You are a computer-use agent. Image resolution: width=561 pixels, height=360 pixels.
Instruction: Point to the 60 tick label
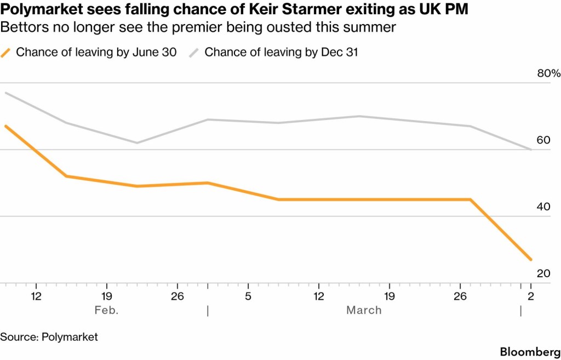coord(543,140)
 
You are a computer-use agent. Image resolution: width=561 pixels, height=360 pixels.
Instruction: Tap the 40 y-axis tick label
coord(543,207)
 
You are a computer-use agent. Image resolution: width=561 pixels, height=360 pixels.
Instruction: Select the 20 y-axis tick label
coord(543,273)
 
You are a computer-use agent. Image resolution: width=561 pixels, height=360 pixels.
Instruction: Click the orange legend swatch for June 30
coord(7,53)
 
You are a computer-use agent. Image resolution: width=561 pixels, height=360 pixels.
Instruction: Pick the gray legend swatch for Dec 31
coord(194,53)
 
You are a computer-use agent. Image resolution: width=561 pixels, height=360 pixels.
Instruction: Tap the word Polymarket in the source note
coord(70,337)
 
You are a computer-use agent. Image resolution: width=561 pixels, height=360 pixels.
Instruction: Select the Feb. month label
coord(106,310)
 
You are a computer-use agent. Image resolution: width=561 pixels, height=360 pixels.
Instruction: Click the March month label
coord(364,310)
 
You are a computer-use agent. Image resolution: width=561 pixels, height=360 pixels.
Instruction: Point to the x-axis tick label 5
coord(248,296)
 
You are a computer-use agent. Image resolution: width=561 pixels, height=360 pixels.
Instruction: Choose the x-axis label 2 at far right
coord(530,296)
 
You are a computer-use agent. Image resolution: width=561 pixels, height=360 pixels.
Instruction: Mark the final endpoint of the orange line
coord(531,260)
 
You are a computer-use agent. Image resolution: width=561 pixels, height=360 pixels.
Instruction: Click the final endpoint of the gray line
coord(531,149)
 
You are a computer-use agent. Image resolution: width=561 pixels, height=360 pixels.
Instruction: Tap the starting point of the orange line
coord(5,126)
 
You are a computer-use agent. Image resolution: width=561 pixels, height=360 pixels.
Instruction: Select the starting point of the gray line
coord(5,93)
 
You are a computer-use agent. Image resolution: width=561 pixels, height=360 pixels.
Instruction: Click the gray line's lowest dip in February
coord(137,143)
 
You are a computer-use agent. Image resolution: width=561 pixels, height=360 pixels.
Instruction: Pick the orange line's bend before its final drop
coord(470,199)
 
